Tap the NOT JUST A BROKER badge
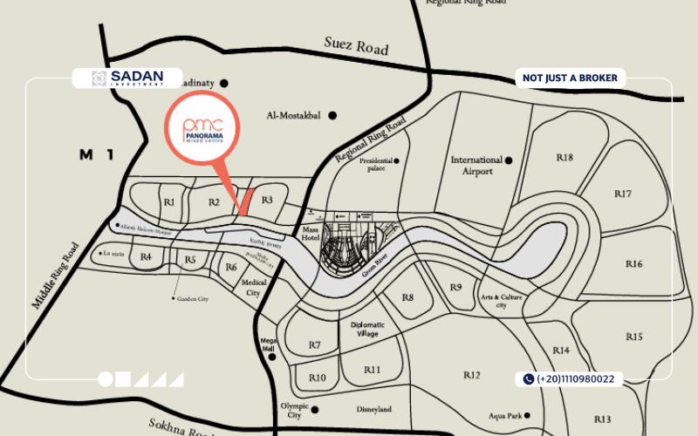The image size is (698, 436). coord(570,78)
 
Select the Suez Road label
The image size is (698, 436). coord(355,45)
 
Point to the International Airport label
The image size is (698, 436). coord(476,166)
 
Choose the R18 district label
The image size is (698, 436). coord(565,158)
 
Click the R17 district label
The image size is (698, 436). coord(622,194)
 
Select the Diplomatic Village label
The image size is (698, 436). coord(367,329)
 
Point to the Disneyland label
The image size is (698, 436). coord(373,409)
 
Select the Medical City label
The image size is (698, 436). coord(253,288)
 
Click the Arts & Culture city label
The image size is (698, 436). coord(501,302)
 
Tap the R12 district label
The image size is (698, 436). coord(471,375)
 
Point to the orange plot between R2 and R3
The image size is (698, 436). coord(246,201)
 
